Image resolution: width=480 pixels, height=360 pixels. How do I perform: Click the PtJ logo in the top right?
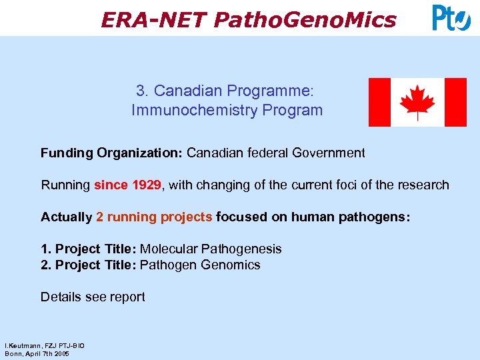[451, 18]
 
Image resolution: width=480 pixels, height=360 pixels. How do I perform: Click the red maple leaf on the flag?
[417, 102]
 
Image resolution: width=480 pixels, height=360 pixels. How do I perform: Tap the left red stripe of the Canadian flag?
[379, 102]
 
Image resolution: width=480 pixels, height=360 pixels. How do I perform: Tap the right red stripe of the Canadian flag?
[455, 102]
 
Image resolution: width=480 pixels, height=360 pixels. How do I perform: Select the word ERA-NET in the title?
[154, 20]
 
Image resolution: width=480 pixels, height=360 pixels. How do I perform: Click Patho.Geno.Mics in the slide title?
[305, 20]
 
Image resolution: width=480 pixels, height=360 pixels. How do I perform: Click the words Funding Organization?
[111, 153]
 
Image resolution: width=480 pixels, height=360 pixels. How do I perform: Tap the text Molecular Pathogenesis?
[211, 249]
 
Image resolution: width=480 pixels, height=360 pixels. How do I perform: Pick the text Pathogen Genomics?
[200, 265]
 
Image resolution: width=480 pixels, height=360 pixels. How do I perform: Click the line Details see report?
[93, 297]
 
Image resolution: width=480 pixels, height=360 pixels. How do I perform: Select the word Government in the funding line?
[329, 153]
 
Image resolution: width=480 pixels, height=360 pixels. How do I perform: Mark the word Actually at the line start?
[67, 217]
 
